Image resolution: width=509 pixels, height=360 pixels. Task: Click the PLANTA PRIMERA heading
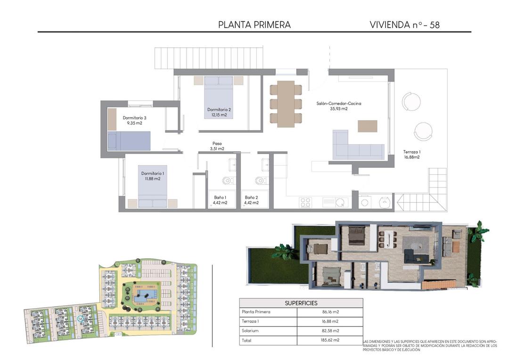[254, 25]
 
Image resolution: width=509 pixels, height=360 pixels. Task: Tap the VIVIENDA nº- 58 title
[404, 25]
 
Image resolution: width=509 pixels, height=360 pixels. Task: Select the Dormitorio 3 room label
[134, 118]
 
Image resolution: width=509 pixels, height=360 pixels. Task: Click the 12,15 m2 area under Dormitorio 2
[219, 115]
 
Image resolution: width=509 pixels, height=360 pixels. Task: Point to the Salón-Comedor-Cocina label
[339, 103]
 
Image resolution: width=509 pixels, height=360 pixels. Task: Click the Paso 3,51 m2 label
[217, 146]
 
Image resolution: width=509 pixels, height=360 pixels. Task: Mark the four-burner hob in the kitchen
[305, 202]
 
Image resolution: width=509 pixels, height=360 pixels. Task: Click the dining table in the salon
[286, 104]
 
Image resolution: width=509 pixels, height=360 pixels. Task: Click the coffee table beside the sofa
[368, 126]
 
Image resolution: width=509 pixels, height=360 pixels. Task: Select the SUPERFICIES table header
[301, 303]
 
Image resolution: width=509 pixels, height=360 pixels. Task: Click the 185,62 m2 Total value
[330, 340]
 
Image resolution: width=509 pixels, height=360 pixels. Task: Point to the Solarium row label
[250, 330]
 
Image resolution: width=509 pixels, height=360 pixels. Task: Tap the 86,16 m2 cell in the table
[330, 312]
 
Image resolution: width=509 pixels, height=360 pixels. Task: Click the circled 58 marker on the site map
[80, 319]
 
